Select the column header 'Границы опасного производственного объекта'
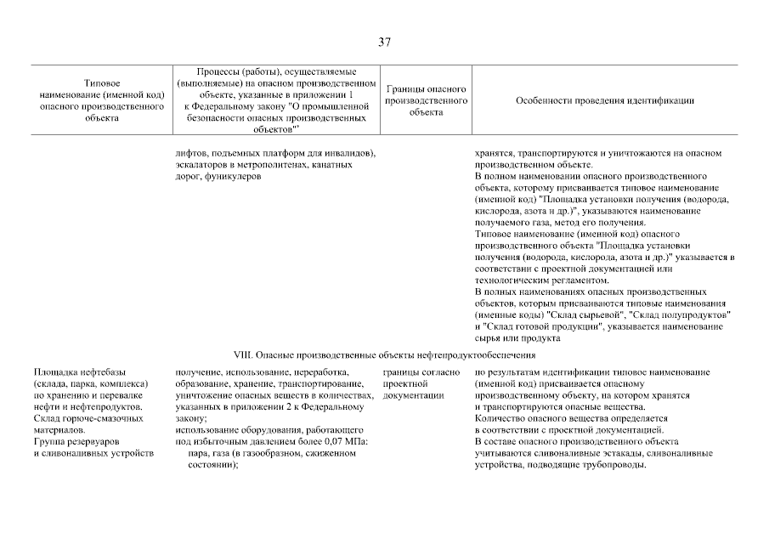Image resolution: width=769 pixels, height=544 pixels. [426, 100]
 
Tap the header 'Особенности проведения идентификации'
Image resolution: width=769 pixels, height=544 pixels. [604, 100]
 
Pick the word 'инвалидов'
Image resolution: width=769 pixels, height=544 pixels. [351, 154]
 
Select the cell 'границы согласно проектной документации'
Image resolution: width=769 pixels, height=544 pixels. [421, 384]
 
